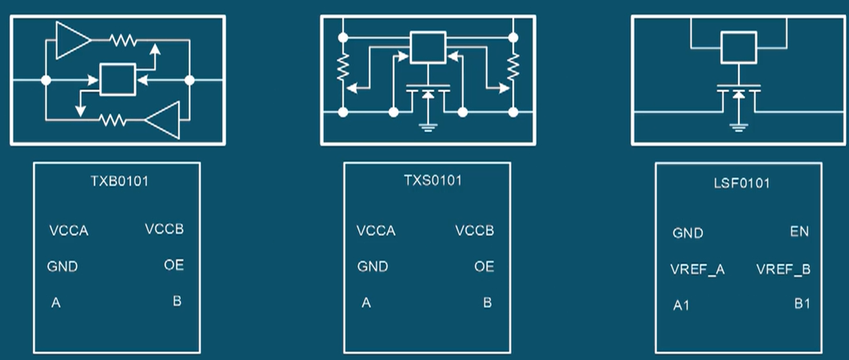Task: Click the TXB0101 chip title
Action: tap(118, 181)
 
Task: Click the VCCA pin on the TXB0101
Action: tap(68, 232)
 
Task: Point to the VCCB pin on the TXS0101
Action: tap(474, 231)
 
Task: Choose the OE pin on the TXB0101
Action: tap(174, 264)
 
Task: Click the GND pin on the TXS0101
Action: tap(373, 267)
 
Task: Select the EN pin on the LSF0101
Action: tap(799, 232)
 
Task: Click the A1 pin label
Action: tap(682, 305)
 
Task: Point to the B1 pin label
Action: tap(802, 304)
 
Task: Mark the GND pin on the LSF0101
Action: tap(688, 234)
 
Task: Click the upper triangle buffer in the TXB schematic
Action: tap(74, 39)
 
